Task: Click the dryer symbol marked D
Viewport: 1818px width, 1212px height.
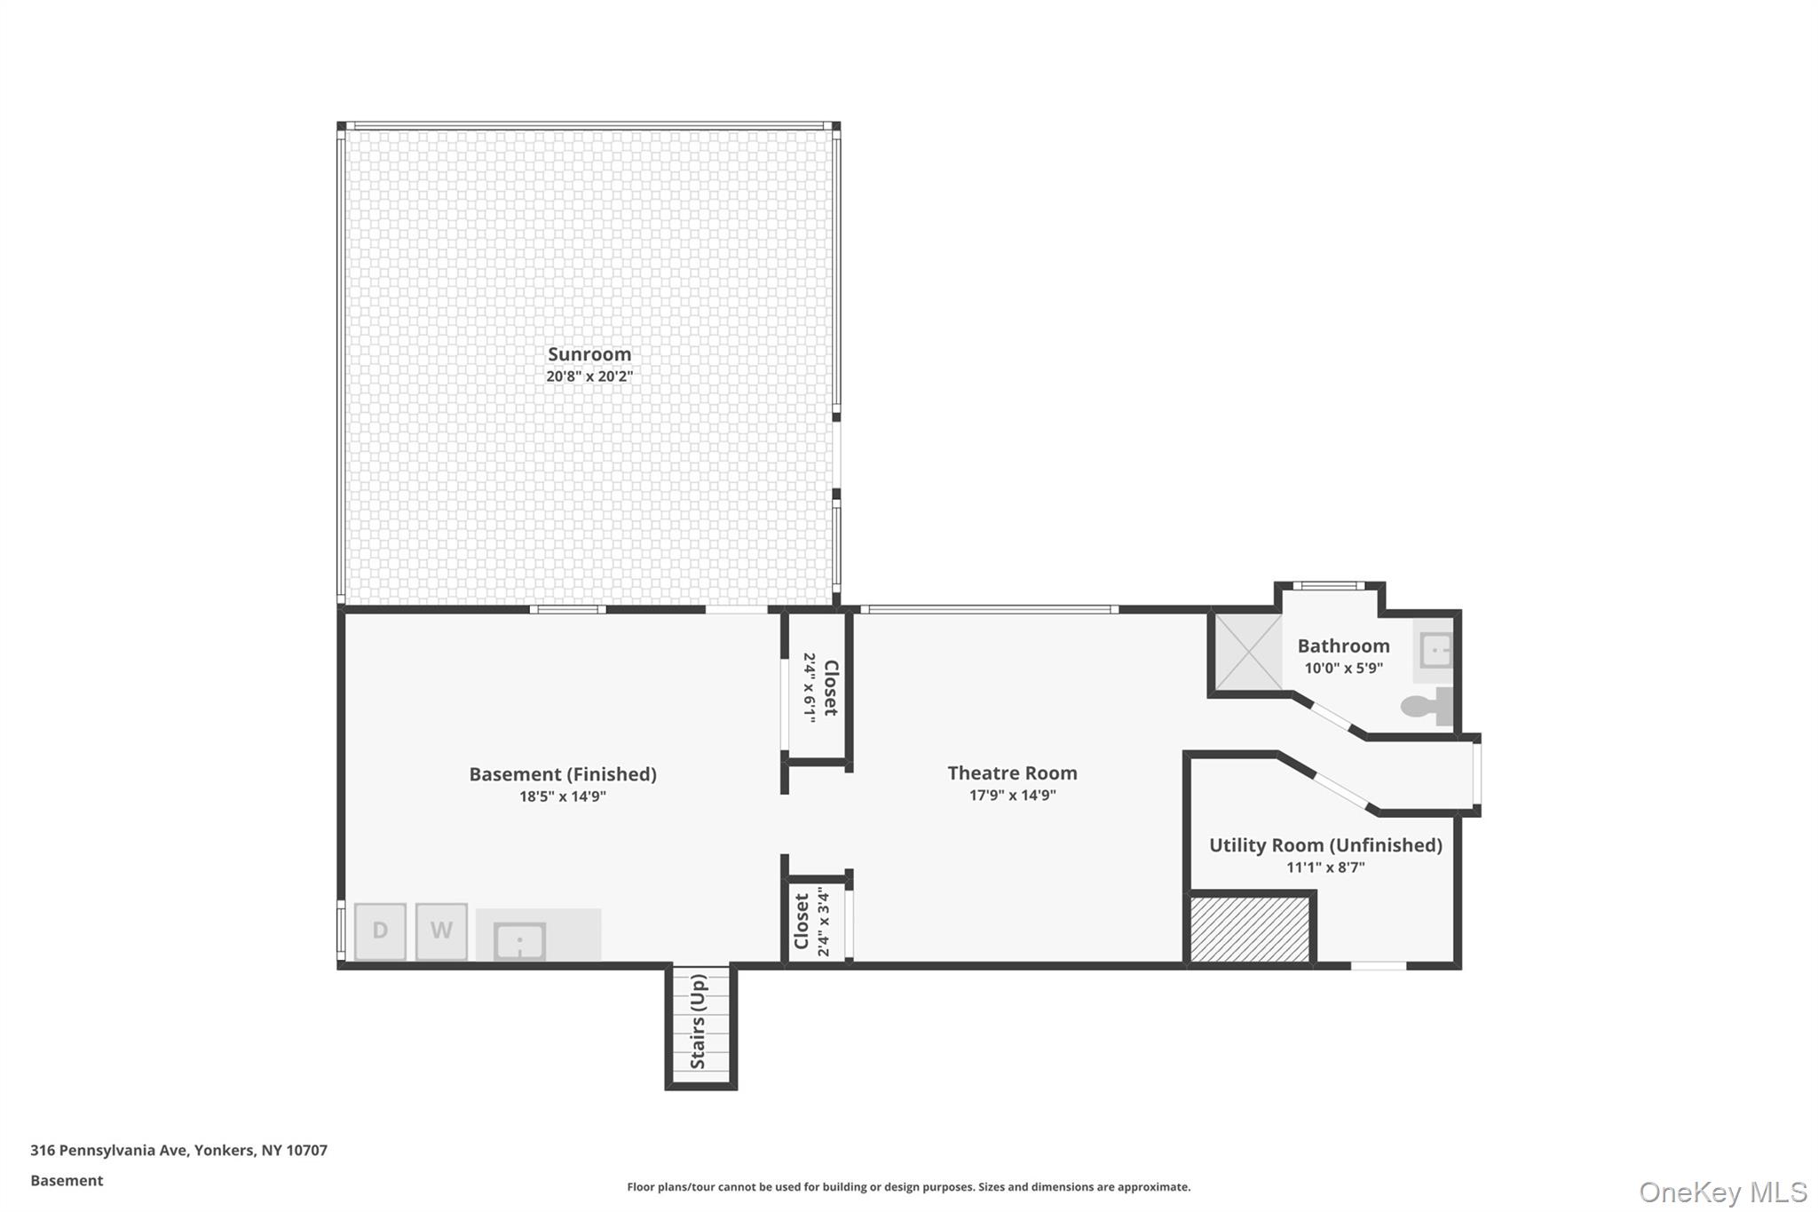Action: (380, 931)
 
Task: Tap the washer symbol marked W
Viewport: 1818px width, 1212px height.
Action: (441, 931)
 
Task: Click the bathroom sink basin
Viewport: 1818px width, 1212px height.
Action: (1435, 650)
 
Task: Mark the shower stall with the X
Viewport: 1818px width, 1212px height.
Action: (1248, 652)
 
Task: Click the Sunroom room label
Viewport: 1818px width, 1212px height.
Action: (589, 354)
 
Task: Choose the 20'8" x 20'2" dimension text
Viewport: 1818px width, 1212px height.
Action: (589, 376)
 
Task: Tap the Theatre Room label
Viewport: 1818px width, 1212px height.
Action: (1012, 773)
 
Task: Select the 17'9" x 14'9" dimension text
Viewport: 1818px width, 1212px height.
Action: (1012, 796)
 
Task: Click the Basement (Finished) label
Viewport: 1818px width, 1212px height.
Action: (563, 774)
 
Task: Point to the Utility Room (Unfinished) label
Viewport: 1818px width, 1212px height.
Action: (1325, 845)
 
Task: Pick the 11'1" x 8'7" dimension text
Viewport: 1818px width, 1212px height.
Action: (1325, 867)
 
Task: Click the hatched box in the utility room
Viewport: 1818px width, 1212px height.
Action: (1249, 929)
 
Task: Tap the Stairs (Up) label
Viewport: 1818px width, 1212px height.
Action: (699, 1022)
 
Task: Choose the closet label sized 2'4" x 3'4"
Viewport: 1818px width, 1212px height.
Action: (811, 922)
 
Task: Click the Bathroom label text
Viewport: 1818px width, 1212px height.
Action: (1343, 646)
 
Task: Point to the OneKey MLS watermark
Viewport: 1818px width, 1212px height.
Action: (1723, 1192)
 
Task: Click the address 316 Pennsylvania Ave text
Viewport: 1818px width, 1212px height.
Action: (109, 1151)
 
